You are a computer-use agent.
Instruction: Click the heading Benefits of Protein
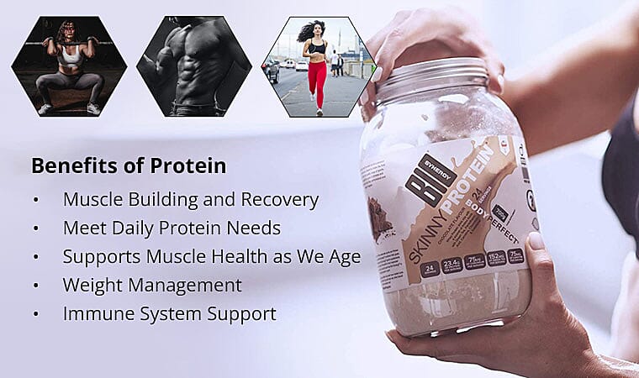(129, 165)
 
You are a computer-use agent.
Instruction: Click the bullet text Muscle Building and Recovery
(191, 200)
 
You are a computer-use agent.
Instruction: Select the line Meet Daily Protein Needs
(172, 228)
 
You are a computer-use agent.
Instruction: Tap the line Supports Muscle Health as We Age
(211, 256)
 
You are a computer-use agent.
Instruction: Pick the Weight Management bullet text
(152, 285)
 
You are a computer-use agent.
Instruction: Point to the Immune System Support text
(169, 313)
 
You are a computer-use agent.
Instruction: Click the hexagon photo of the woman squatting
(69, 66)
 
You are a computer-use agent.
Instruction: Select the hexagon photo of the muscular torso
(194, 66)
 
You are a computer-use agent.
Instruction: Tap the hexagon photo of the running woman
(318, 66)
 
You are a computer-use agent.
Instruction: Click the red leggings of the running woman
(317, 85)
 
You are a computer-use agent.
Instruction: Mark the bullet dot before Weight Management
(35, 286)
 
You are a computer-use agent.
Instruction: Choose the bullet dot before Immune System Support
(35, 314)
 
